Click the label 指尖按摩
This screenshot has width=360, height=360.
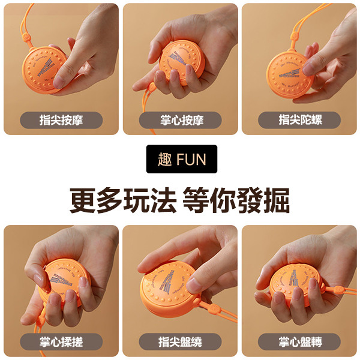click(x=61, y=120)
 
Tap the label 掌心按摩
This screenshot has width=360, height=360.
click(x=182, y=120)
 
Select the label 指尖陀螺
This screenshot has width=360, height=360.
click(x=299, y=120)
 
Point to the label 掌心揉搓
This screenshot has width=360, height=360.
click(x=61, y=342)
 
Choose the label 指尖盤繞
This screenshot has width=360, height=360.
click(x=181, y=342)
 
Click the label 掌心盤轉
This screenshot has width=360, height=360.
click(x=299, y=342)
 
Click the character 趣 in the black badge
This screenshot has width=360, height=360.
click(x=164, y=159)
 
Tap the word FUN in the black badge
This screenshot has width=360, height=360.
click(x=191, y=159)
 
